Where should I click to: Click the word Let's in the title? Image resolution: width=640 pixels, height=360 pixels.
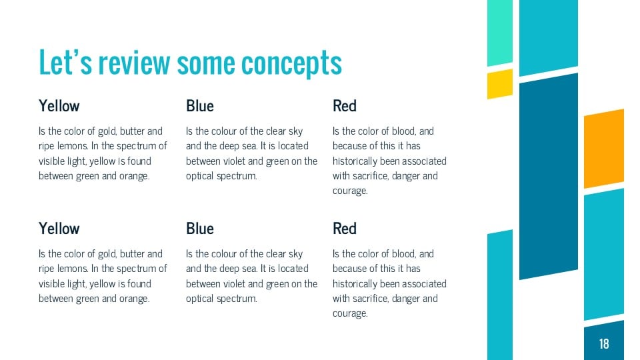point(65,63)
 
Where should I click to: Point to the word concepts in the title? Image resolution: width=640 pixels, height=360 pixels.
point(291,63)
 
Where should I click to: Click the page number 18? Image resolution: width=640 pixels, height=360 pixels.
point(604,344)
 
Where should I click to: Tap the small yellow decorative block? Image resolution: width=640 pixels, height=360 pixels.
point(499,84)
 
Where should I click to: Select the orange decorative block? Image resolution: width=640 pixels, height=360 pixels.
point(604,148)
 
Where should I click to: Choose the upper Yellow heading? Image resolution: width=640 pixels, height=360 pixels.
point(59,106)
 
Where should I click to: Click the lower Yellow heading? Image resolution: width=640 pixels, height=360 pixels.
point(59,229)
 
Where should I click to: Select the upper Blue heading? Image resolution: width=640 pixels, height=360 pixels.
point(200,106)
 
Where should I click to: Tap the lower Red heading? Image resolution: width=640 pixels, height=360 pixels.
point(345,229)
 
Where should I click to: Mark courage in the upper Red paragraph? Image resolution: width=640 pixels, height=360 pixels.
point(350,191)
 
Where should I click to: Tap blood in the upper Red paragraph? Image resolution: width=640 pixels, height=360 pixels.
point(401,131)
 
